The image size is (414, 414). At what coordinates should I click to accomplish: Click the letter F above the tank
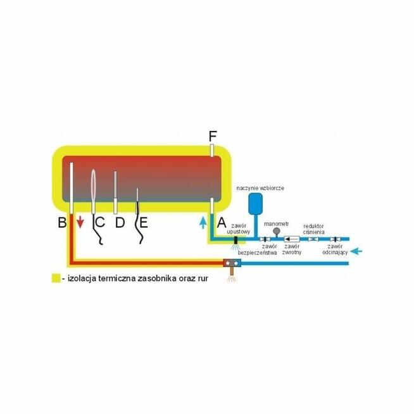coord(213,135)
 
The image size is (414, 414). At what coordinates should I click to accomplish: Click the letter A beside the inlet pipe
coord(222,223)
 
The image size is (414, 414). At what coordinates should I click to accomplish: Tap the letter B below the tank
coord(62,223)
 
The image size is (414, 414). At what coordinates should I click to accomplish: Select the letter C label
coord(99,223)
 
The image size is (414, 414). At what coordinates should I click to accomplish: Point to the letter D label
coord(120,223)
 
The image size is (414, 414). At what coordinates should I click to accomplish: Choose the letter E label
coord(143,223)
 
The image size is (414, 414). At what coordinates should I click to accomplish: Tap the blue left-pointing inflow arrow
coord(358,251)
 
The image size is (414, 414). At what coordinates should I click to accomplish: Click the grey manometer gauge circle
coord(276,232)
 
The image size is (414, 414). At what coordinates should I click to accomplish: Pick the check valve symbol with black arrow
coord(292,240)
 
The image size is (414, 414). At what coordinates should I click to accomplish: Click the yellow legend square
coord(56,278)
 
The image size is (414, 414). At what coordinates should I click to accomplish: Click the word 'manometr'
coord(277,223)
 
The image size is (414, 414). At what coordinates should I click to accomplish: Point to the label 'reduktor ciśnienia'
coord(315,229)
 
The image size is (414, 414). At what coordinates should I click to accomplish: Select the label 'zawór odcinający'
coord(333,249)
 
